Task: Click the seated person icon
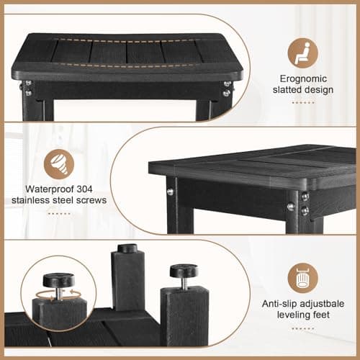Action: coord(302,53)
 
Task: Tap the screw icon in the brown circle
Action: coord(59,163)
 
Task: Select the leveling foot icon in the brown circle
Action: coord(303,278)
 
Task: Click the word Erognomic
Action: coord(303,78)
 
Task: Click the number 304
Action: coord(84,189)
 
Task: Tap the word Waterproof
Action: coord(50,189)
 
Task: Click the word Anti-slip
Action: coord(279,304)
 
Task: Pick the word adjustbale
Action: coord(322,304)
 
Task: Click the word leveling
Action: coord(289,315)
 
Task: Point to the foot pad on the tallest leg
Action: coord(127,248)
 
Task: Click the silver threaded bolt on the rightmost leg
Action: coord(184,282)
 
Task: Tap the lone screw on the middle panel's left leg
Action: coord(170,192)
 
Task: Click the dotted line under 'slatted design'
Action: coord(303,102)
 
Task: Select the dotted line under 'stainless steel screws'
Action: coord(59,213)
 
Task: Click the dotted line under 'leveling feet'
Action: coord(303,328)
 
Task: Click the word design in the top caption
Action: coord(319,89)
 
